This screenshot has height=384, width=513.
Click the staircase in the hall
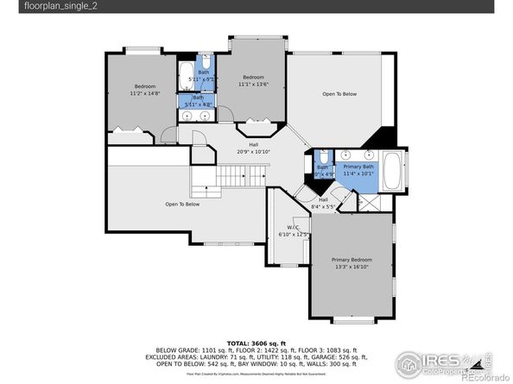coord(231,179)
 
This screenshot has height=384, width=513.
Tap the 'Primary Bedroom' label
coord(352,258)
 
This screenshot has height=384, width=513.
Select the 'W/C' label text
coord(292,228)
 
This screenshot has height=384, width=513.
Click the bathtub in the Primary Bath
coord(390,171)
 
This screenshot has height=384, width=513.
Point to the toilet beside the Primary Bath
coord(320,156)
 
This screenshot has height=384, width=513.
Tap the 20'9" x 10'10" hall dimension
coord(254,152)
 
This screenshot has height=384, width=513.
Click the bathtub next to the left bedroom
coord(187,71)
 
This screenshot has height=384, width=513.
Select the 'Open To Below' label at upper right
coord(339,93)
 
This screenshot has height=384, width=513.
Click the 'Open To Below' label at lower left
coord(182,205)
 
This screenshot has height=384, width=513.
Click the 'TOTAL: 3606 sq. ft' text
coord(256,342)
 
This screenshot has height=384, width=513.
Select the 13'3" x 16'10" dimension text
coord(352,266)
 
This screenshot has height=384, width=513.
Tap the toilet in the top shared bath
coord(209,65)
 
